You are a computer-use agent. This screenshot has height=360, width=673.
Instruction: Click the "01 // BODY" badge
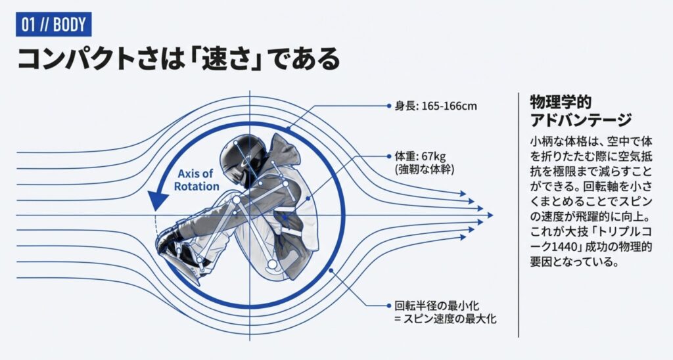coord(53,24)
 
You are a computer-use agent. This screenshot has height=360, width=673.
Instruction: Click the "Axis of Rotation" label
coord(197,180)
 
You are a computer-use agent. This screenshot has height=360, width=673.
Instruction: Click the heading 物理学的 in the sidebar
coord(561,103)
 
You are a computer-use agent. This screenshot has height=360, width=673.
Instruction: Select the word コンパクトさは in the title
coord(95,59)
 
